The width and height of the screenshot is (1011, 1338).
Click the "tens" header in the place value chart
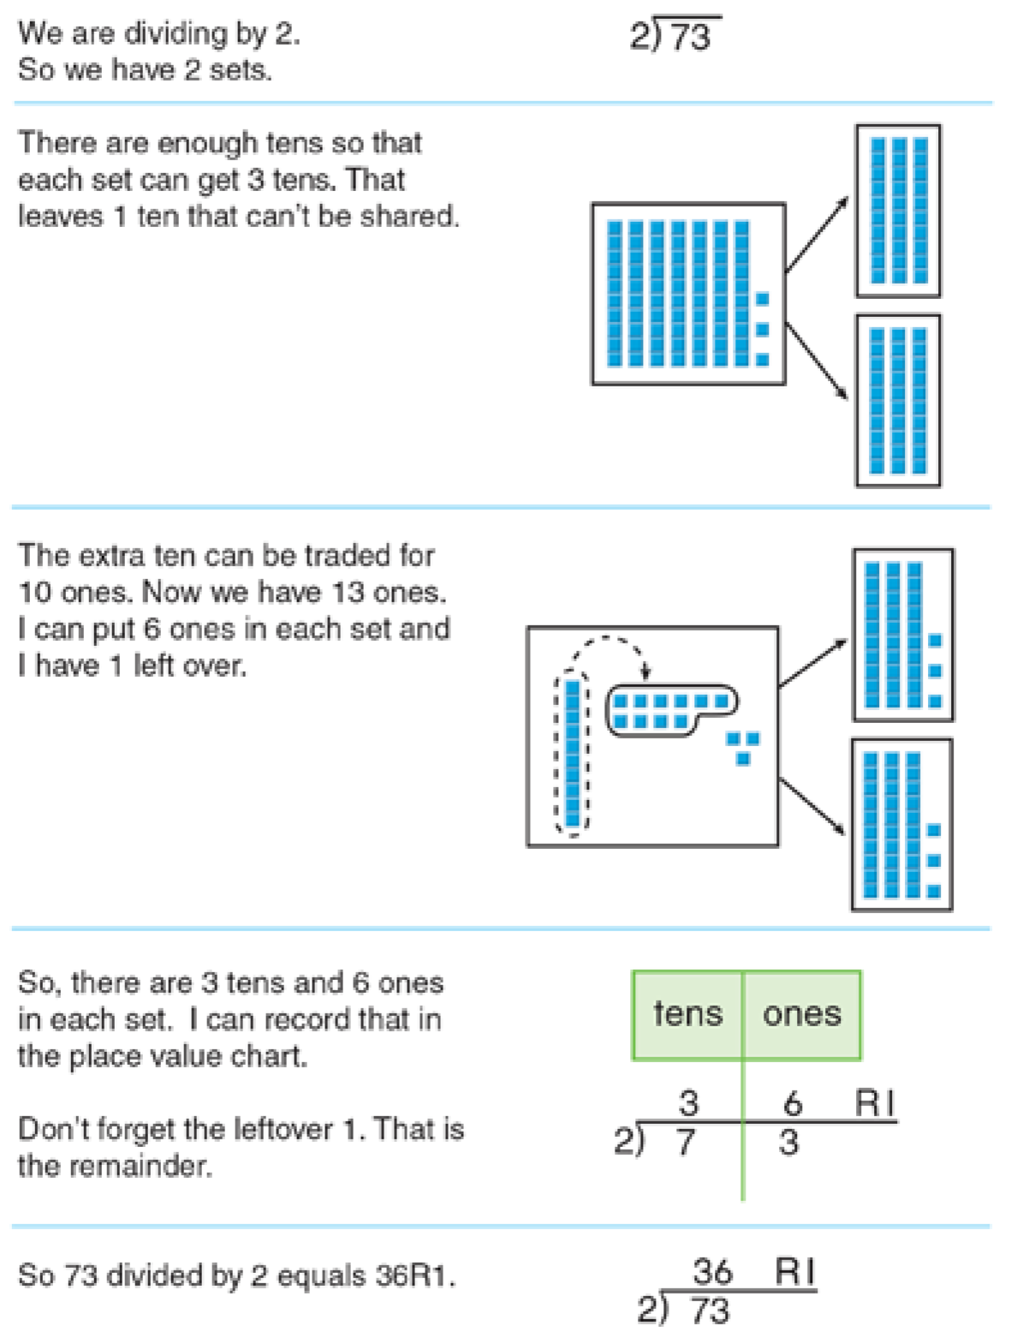(687, 1014)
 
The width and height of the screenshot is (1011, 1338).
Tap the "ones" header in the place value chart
(801, 1014)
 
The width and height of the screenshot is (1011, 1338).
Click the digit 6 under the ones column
(793, 1103)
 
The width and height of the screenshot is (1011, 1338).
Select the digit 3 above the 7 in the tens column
(688, 1102)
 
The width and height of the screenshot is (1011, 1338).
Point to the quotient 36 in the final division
(712, 1271)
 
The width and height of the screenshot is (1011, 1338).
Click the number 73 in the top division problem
(690, 37)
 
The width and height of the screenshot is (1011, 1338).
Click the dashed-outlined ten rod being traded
(573, 755)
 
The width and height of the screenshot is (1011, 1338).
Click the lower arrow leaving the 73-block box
(817, 361)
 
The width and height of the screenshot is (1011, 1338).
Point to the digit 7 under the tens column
(686, 1143)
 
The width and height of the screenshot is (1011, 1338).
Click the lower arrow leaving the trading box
(812, 806)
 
